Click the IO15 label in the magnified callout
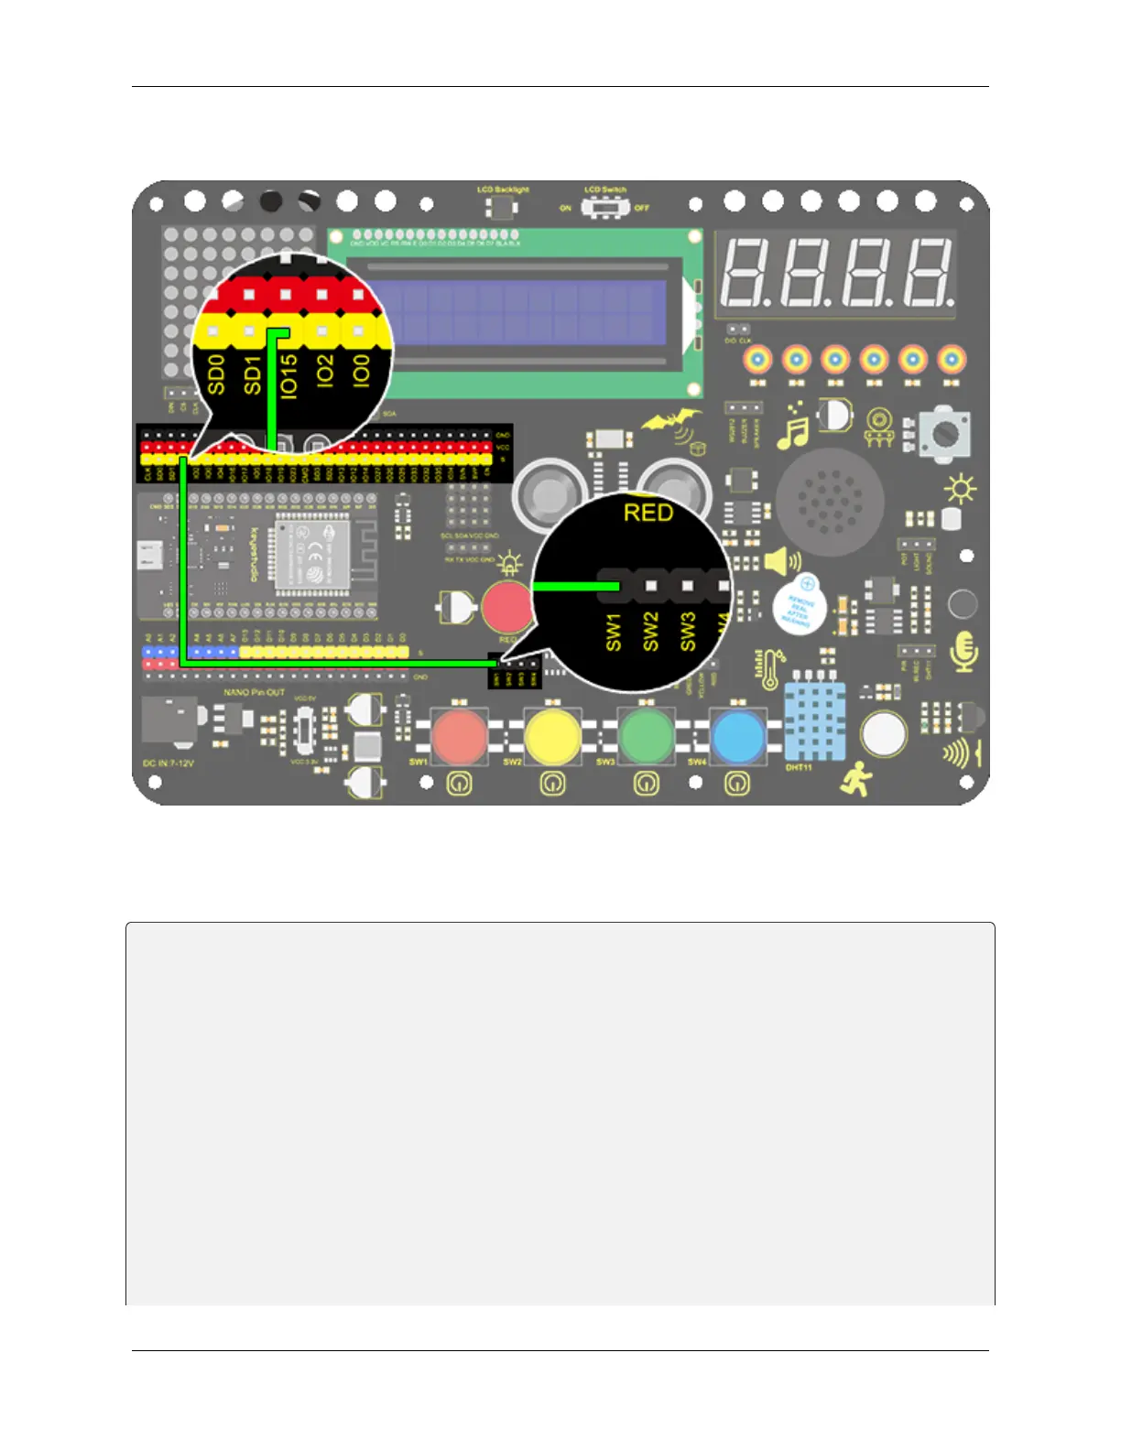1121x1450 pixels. pyautogui.click(x=288, y=376)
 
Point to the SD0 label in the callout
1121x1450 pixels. pyautogui.click(x=216, y=375)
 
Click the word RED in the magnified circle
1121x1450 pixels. pyautogui.click(x=648, y=513)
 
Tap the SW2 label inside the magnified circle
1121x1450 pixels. pyautogui.click(x=650, y=632)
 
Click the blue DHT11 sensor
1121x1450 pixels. pyautogui.click(x=814, y=721)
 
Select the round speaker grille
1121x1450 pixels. pyautogui.click(x=831, y=501)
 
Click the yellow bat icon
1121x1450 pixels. pyautogui.click(x=671, y=422)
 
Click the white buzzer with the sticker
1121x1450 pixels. pyautogui.click(x=798, y=607)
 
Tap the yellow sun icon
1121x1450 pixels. pyautogui.click(x=960, y=491)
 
